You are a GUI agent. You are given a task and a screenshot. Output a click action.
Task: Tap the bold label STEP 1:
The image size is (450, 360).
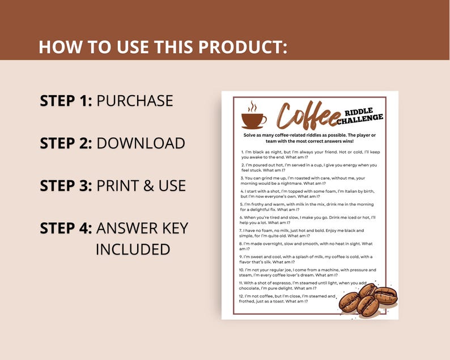tap(66, 101)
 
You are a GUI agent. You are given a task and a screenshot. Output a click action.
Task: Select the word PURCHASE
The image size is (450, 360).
tap(135, 101)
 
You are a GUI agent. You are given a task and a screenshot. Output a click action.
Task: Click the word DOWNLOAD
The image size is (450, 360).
tap(141, 143)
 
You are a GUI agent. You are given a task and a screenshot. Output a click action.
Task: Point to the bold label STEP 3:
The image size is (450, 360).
tap(66, 186)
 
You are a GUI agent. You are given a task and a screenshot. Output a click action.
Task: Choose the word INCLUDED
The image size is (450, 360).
tap(133, 249)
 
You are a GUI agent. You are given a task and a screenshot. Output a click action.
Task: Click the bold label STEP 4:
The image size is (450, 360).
tap(66, 228)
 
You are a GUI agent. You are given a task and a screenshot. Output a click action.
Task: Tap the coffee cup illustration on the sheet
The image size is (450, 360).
tap(253, 120)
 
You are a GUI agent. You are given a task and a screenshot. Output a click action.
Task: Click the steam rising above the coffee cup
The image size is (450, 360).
tap(253, 106)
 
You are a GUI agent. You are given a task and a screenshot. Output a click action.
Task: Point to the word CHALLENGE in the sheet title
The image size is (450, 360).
tap(360, 120)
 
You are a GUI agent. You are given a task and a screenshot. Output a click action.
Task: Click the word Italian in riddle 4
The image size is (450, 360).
tap(355, 192)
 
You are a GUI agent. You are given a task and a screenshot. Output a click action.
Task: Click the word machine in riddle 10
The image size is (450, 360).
tap(331, 270)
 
